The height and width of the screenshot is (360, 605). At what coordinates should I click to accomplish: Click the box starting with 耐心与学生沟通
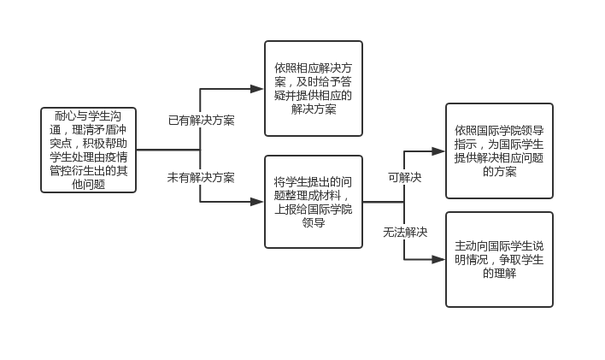tap(88, 150)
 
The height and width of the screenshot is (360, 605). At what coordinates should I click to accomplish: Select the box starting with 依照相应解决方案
tap(313, 88)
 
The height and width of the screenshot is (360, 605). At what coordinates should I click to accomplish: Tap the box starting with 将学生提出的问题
tap(313, 202)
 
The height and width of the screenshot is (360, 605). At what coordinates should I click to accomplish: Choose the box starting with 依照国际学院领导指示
tap(499, 150)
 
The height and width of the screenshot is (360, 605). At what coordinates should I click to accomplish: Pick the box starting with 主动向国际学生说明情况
tap(499, 259)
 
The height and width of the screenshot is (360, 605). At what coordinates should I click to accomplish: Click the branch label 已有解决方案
tap(202, 121)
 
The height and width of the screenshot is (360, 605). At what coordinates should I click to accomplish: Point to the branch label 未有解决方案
tap(202, 178)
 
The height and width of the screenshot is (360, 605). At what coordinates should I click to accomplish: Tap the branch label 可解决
tap(405, 178)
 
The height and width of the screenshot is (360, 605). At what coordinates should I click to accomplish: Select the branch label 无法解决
tap(405, 232)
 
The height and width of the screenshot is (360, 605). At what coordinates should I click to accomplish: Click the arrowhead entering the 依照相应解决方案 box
tap(258, 88)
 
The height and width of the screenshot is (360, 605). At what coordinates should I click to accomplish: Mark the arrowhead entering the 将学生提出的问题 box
tap(258, 202)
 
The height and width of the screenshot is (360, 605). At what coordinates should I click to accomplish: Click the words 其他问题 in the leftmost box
tap(88, 183)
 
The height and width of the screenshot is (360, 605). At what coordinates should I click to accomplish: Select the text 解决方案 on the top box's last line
tap(313, 109)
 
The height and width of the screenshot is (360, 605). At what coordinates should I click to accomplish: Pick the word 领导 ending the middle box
tap(313, 223)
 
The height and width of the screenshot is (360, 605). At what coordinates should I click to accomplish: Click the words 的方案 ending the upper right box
tap(499, 171)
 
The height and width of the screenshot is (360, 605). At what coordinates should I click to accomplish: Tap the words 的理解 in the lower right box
tap(499, 274)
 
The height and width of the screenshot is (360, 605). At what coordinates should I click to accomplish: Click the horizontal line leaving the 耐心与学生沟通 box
tap(167, 150)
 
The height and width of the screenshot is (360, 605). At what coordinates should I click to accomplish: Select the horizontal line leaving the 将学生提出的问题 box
tap(383, 202)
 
